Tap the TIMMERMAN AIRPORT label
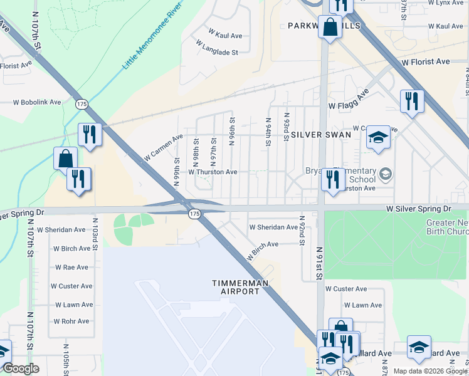pos(240,287)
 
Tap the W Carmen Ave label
pos(163,147)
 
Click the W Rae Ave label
pos(71,267)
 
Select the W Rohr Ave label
pos(70,321)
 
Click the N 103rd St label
pos(96,234)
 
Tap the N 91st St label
pos(319,263)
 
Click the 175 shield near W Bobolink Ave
pos(81,104)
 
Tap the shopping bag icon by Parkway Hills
pos(330,28)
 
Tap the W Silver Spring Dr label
pos(418,207)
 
